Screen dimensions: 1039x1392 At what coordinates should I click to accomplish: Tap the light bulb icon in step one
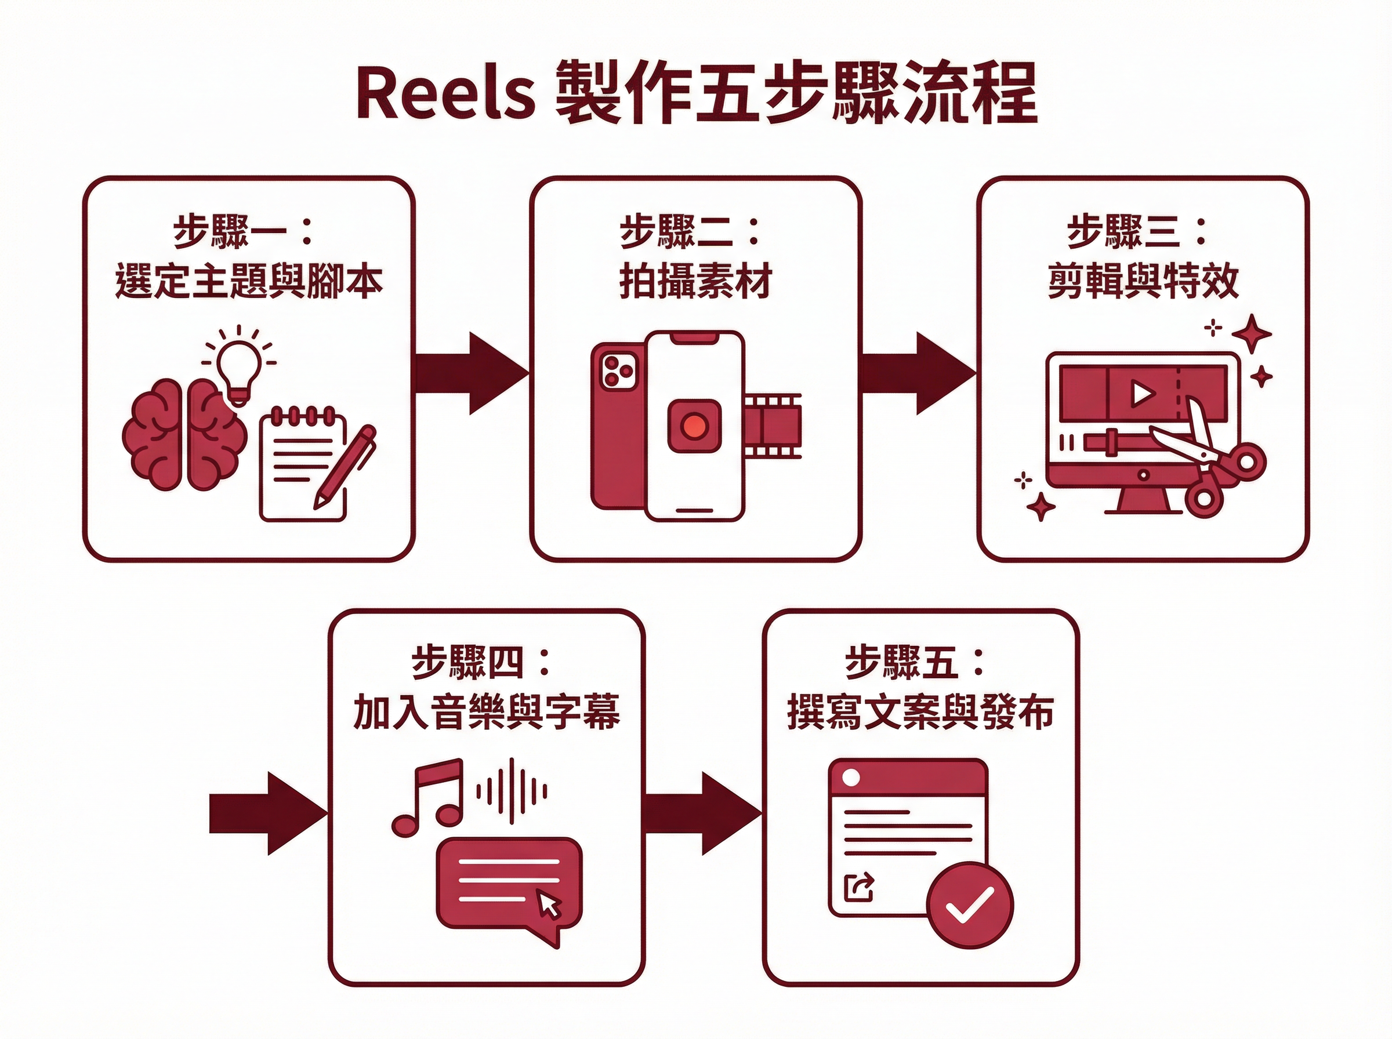(238, 365)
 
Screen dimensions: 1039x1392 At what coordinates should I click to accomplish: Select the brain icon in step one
(184, 434)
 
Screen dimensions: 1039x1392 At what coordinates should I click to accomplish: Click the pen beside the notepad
(345, 466)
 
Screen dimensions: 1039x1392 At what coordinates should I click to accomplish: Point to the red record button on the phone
(694, 426)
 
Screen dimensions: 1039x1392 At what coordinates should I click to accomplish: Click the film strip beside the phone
(773, 426)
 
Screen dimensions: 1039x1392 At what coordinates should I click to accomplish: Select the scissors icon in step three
(1211, 466)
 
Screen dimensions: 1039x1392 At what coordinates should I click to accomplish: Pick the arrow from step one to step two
(472, 373)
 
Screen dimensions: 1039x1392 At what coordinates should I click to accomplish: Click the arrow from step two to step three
(918, 373)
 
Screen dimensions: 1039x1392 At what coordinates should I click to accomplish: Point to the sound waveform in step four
(512, 791)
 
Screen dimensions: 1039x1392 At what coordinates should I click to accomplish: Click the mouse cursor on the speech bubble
(549, 905)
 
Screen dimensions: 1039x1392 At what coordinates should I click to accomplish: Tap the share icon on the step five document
(859, 888)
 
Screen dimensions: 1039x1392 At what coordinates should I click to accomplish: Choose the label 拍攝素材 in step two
(695, 282)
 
